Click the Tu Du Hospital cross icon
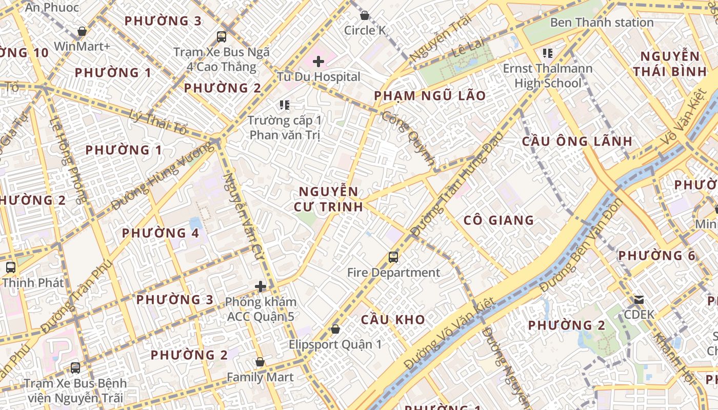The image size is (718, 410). (318, 62)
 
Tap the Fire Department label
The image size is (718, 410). (393, 273)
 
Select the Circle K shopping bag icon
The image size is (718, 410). (365, 15)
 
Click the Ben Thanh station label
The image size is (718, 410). (602, 23)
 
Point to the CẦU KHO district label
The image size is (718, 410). (393, 320)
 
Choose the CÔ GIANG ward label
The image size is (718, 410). (498, 220)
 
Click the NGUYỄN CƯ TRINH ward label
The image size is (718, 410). (328, 199)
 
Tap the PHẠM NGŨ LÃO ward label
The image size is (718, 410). (430, 96)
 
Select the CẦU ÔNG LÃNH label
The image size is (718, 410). (577, 141)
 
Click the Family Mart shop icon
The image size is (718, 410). (260, 362)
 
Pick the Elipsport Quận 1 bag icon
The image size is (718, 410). (335, 329)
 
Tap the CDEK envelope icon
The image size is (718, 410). (639, 300)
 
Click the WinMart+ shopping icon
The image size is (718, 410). (82, 31)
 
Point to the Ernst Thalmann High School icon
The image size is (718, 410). (547, 53)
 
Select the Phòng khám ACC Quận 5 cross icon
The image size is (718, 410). (261, 286)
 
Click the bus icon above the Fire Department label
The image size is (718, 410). (393, 257)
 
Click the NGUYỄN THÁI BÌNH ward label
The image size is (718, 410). (670, 64)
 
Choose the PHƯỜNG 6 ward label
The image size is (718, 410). (656, 256)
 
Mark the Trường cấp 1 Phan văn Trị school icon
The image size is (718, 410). (284, 106)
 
